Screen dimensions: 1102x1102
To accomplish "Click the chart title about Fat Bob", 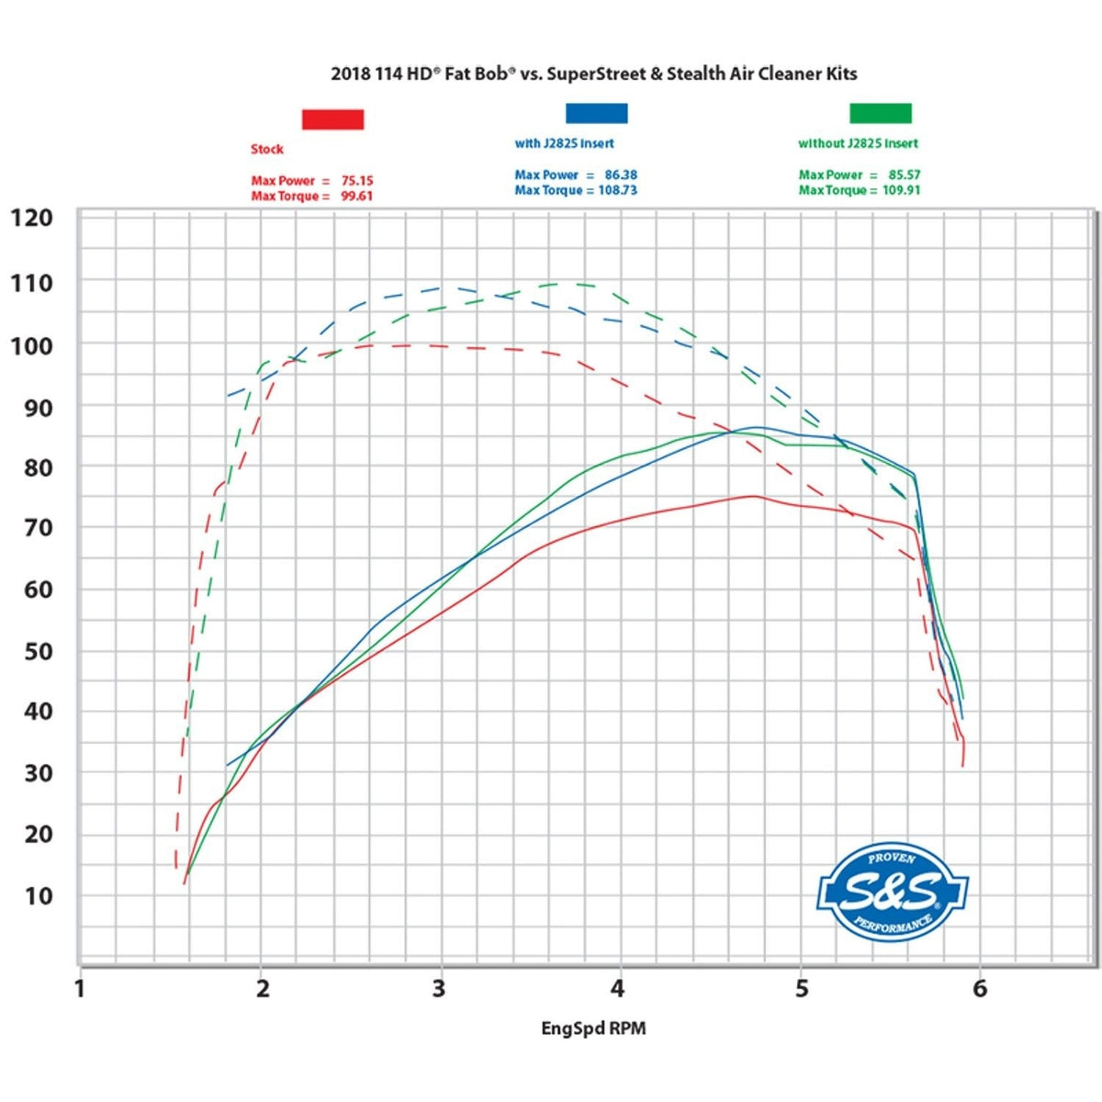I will [x=593, y=73].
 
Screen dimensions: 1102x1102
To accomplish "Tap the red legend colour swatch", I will [x=332, y=119].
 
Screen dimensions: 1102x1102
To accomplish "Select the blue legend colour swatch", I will [x=596, y=113].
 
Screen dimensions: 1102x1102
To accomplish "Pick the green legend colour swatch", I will [x=880, y=113].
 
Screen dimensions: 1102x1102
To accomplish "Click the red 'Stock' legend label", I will [x=267, y=149].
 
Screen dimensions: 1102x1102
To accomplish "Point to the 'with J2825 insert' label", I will [x=564, y=143].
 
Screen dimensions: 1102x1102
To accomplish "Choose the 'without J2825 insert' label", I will [x=858, y=143].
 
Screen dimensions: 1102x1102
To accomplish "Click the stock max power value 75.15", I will [x=357, y=181].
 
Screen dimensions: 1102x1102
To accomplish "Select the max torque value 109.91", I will [x=901, y=190].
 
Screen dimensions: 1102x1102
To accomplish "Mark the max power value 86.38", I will [x=622, y=174].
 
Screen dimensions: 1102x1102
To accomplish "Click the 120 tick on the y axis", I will [x=31, y=218].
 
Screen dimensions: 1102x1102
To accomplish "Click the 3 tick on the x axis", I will [x=439, y=989].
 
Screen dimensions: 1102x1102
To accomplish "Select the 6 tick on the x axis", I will [x=980, y=989].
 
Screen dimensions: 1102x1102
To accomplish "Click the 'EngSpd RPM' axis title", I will [x=593, y=1029].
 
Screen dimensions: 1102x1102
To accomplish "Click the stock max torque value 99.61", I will [x=357, y=197].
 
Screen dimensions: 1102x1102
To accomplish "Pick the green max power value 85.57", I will [x=904, y=174].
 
